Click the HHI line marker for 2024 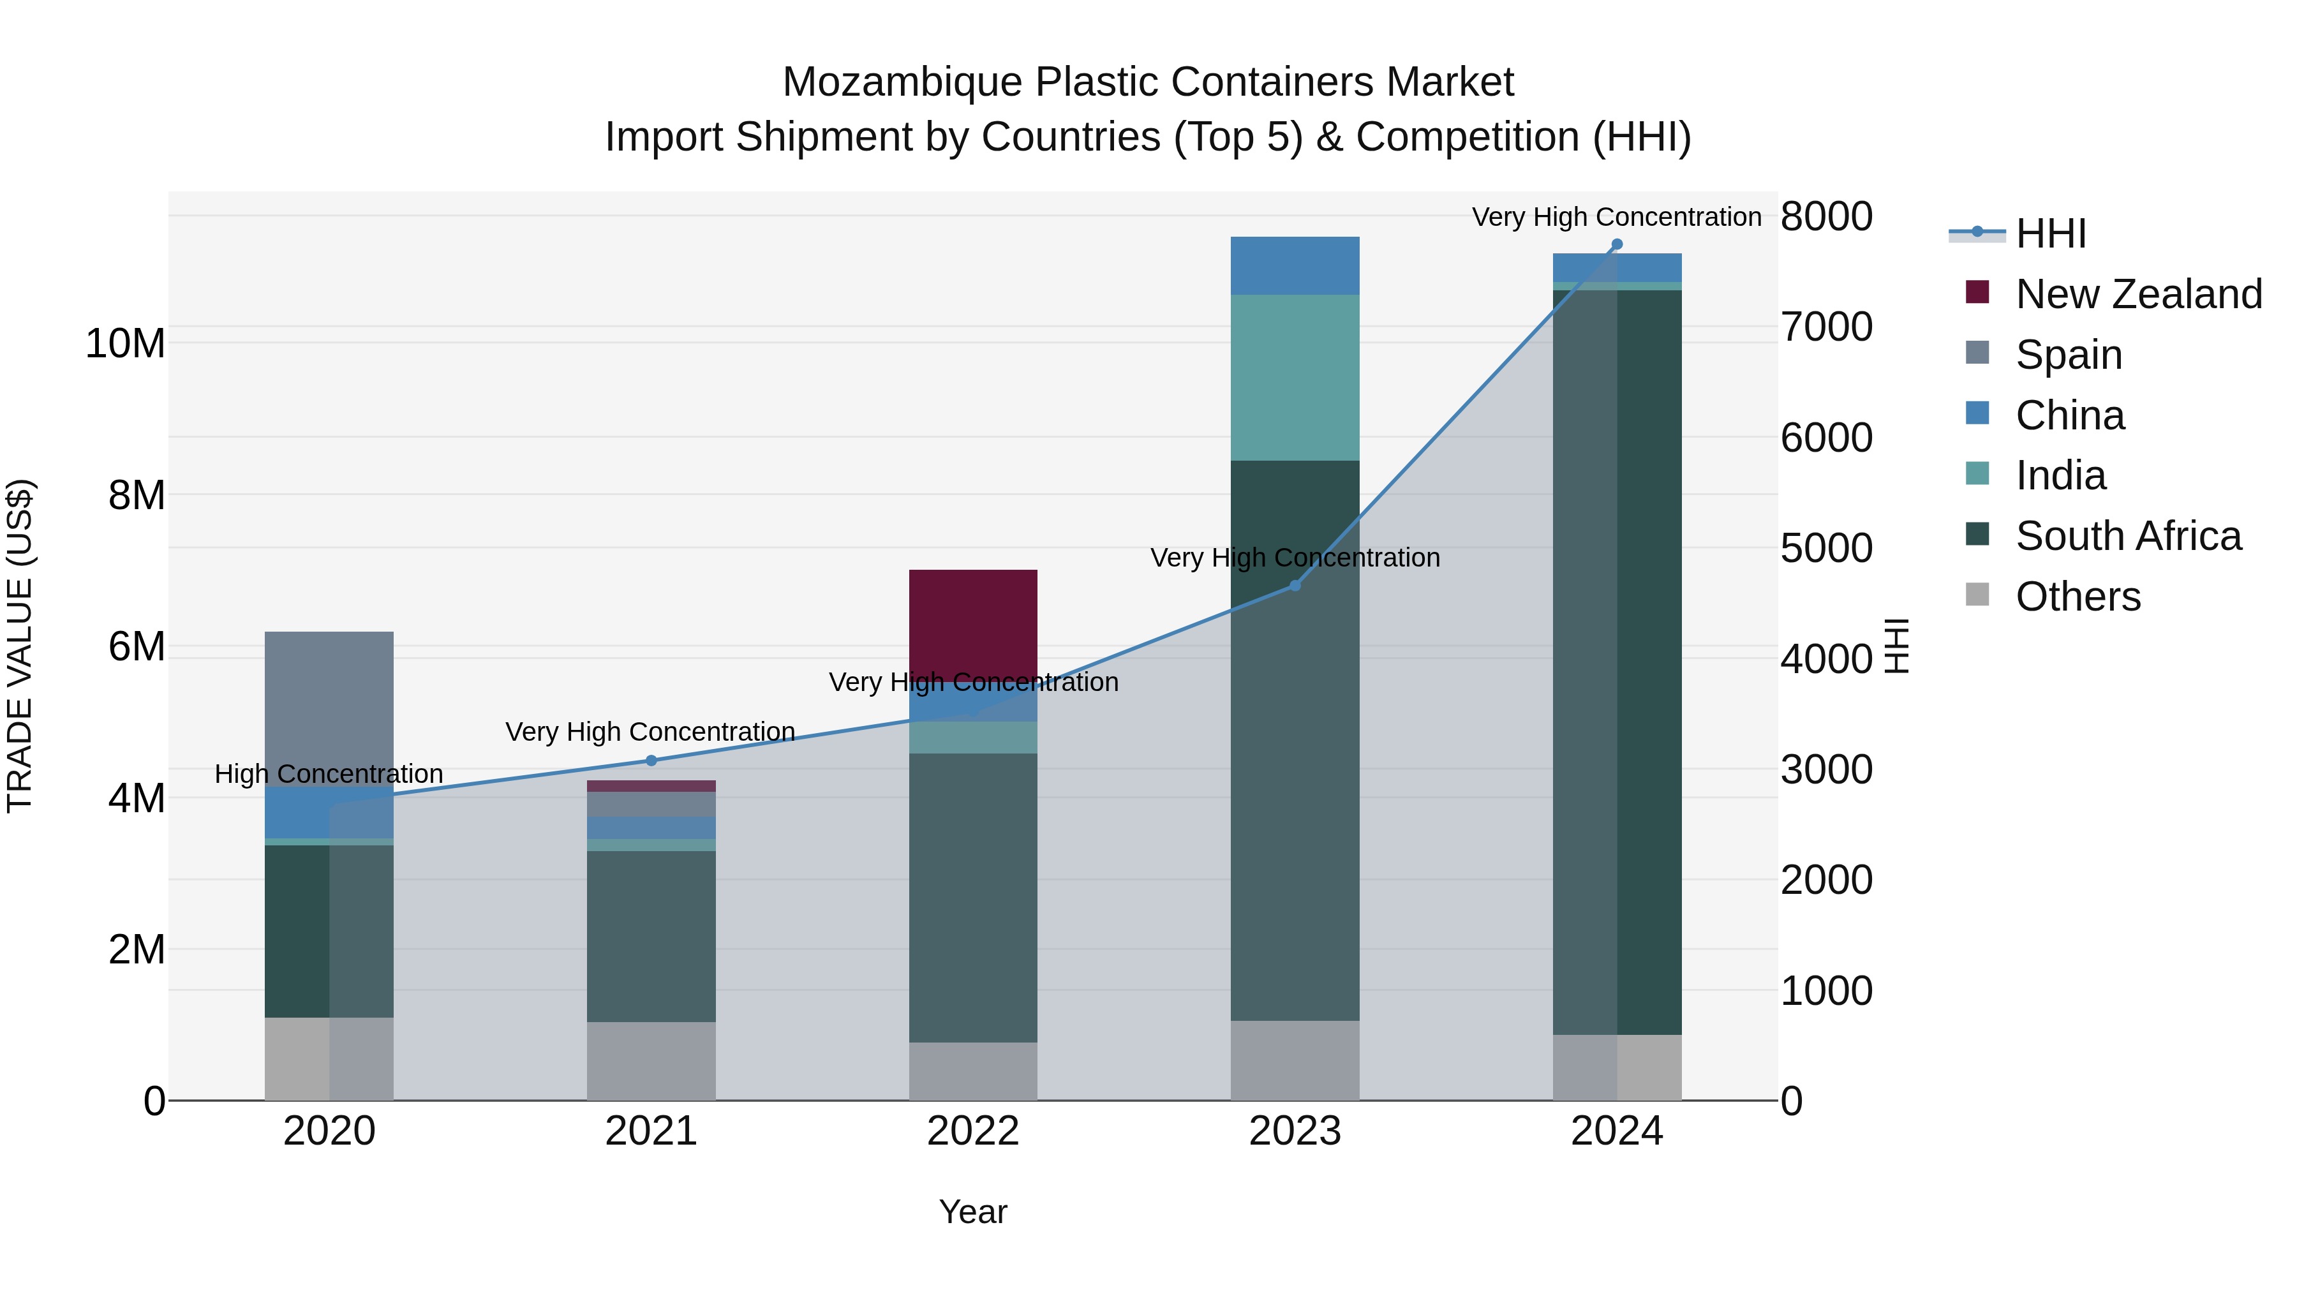(1617, 244)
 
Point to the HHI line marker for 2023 (1295, 586)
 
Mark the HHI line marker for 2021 (651, 761)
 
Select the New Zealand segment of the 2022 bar (973, 624)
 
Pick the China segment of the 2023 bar (1295, 265)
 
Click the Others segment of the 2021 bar (651, 1061)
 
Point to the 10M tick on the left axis (125, 343)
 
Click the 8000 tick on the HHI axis (1826, 217)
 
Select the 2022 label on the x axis (973, 1131)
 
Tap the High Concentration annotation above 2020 (329, 774)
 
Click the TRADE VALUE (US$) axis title (20, 646)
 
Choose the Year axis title (973, 1212)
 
